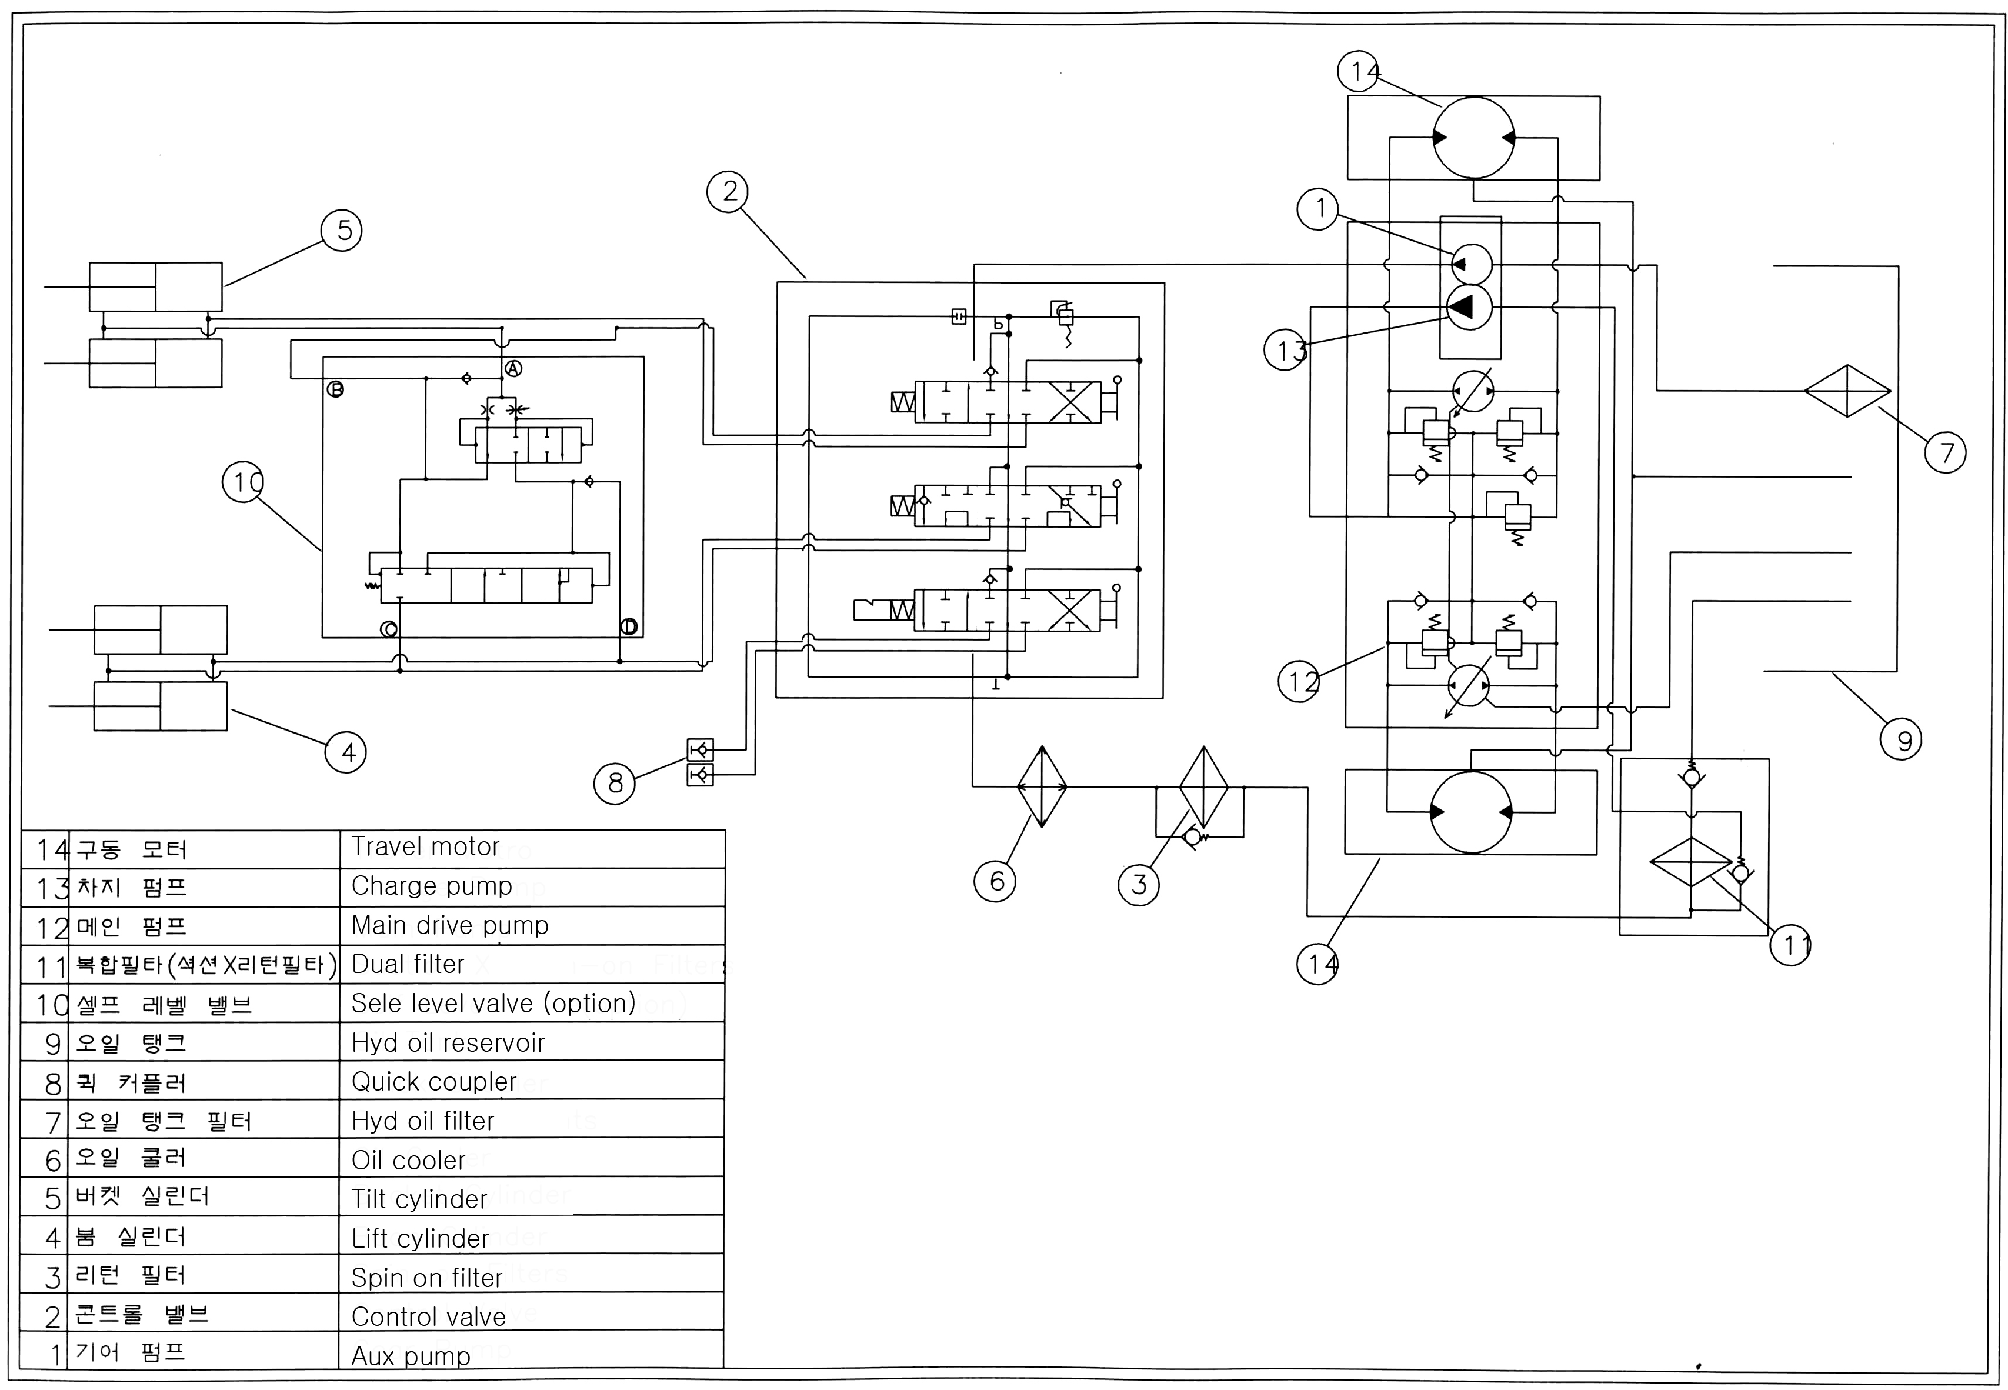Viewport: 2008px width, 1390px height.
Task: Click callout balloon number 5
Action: [342, 231]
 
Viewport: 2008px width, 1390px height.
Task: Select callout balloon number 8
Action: [615, 783]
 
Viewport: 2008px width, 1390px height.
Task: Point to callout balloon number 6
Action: [995, 881]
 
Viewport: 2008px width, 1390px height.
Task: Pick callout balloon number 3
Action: [1139, 885]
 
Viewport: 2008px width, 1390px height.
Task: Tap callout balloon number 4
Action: [346, 752]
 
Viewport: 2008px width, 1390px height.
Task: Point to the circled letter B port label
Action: [335, 389]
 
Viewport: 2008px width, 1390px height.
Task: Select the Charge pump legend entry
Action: [431, 886]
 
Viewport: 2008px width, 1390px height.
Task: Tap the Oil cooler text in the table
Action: [408, 1160]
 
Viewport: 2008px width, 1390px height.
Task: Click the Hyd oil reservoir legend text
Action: [448, 1042]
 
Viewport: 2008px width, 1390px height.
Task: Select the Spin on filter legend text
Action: [426, 1278]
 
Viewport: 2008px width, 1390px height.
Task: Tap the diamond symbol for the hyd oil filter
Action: [1847, 391]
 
